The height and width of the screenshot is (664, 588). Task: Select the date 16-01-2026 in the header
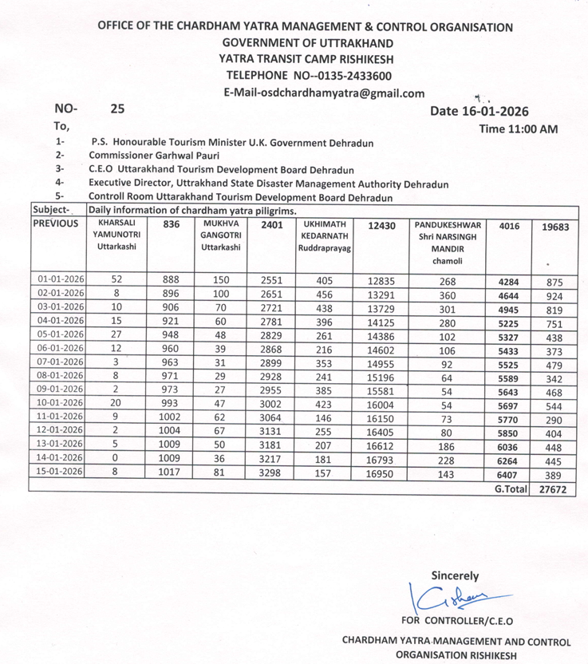[x=495, y=112]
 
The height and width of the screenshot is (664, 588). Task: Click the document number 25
[x=118, y=108]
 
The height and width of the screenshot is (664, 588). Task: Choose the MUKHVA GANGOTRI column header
[x=220, y=236]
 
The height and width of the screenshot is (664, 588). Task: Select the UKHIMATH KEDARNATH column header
[x=323, y=236]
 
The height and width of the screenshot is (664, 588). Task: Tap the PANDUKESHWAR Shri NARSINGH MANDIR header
[x=448, y=243]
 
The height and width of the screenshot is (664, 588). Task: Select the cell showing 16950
[x=380, y=472]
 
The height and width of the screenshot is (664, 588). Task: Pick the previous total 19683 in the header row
[x=554, y=227]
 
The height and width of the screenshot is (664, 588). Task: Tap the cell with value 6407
[x=508, y=472]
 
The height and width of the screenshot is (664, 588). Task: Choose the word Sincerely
[x=455, y=575]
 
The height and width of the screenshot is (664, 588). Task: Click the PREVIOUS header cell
[x=57, y=224]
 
